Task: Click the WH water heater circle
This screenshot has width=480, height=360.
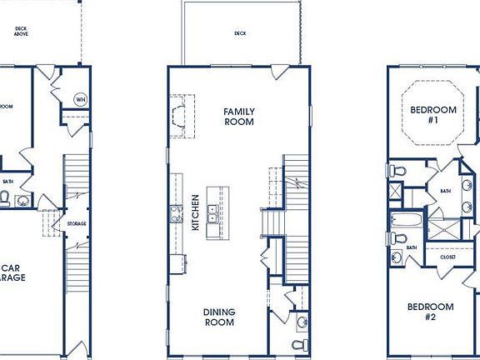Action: pos(81,100)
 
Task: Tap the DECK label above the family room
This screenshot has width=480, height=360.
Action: pos(240,34)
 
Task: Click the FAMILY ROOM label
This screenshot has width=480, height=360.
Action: pos(238,116)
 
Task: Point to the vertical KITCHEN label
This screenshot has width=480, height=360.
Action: pos(195,213)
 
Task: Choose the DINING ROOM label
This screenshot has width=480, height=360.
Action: pos(220,317)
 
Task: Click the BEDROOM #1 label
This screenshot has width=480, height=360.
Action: pos(433,114)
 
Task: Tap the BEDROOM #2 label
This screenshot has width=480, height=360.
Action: pos(430,311)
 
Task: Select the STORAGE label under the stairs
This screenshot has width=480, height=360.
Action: pos(77,223)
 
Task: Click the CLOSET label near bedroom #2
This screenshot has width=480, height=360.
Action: pos(448,257)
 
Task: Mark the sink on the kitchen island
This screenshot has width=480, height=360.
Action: pos(212,211)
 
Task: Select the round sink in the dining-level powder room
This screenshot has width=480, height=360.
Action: pos(301,320)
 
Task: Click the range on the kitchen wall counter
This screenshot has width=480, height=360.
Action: pos(176,214)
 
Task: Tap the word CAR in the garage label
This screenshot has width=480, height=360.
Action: pos(9,268)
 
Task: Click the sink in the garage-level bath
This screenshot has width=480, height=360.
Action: pos(20,199)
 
